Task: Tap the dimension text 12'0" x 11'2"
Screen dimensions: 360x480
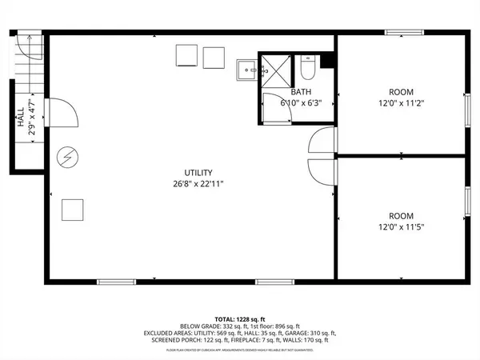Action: [401, 102]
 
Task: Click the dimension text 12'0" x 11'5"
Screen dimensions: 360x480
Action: [401, 227]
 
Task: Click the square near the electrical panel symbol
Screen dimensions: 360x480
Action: [74, 210]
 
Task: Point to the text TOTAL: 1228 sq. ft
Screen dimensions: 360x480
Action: [239, 318]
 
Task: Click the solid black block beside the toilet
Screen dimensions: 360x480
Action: [326, 61]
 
